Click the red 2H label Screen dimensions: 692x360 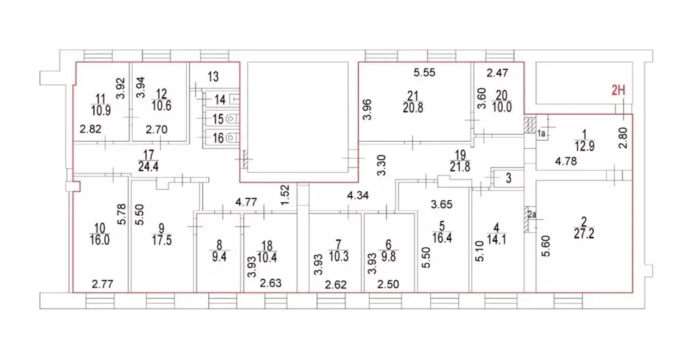[x=618, y=91]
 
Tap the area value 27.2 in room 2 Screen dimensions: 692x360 [x=584, y=234]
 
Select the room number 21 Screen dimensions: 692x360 [x=413, y=96]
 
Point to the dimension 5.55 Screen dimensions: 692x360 [x=424, y=73]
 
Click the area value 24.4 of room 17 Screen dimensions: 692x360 [x=148, y=166]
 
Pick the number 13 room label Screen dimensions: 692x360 [x=213, y=77]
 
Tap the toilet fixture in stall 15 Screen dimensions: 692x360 [x=232, y=118]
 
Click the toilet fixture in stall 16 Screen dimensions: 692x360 [x=232, y=138]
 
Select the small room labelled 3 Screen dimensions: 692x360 [x=508, y=178]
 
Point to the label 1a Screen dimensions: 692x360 [x=541, y=133]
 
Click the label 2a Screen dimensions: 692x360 [x=532, y=215]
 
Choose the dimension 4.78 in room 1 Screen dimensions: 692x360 [x=566, y=161]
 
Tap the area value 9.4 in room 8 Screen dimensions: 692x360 [x=220, y=257]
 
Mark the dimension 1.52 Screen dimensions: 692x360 [x=285, y=195]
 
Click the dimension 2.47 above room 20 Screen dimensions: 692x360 [x=497, y=73]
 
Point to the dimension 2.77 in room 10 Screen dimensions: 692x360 [x=103, y=284]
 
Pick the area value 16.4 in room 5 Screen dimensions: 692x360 [x=442, y=238]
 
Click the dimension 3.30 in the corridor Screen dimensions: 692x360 [x=382, y=165]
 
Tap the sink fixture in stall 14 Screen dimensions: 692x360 [x=234, y=99]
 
